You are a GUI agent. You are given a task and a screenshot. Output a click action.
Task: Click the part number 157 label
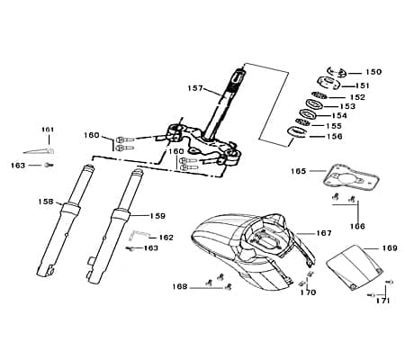coord(195,88)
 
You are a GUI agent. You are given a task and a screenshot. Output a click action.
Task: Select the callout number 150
coord(373,71)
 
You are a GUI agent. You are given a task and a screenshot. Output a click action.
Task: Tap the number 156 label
coord(332,137)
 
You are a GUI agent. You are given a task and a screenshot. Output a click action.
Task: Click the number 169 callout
coord(389,247)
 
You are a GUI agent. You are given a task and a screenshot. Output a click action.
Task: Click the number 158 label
coord(44,202)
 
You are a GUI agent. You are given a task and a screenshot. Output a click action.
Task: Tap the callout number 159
coord(157,216)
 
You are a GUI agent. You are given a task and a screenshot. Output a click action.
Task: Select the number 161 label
coord(48,130)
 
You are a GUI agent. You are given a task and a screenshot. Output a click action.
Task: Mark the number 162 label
coord(166,238)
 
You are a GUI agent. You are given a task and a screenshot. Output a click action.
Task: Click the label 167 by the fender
coord(323,233)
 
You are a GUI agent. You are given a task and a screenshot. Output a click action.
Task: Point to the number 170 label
coord(308,292)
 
